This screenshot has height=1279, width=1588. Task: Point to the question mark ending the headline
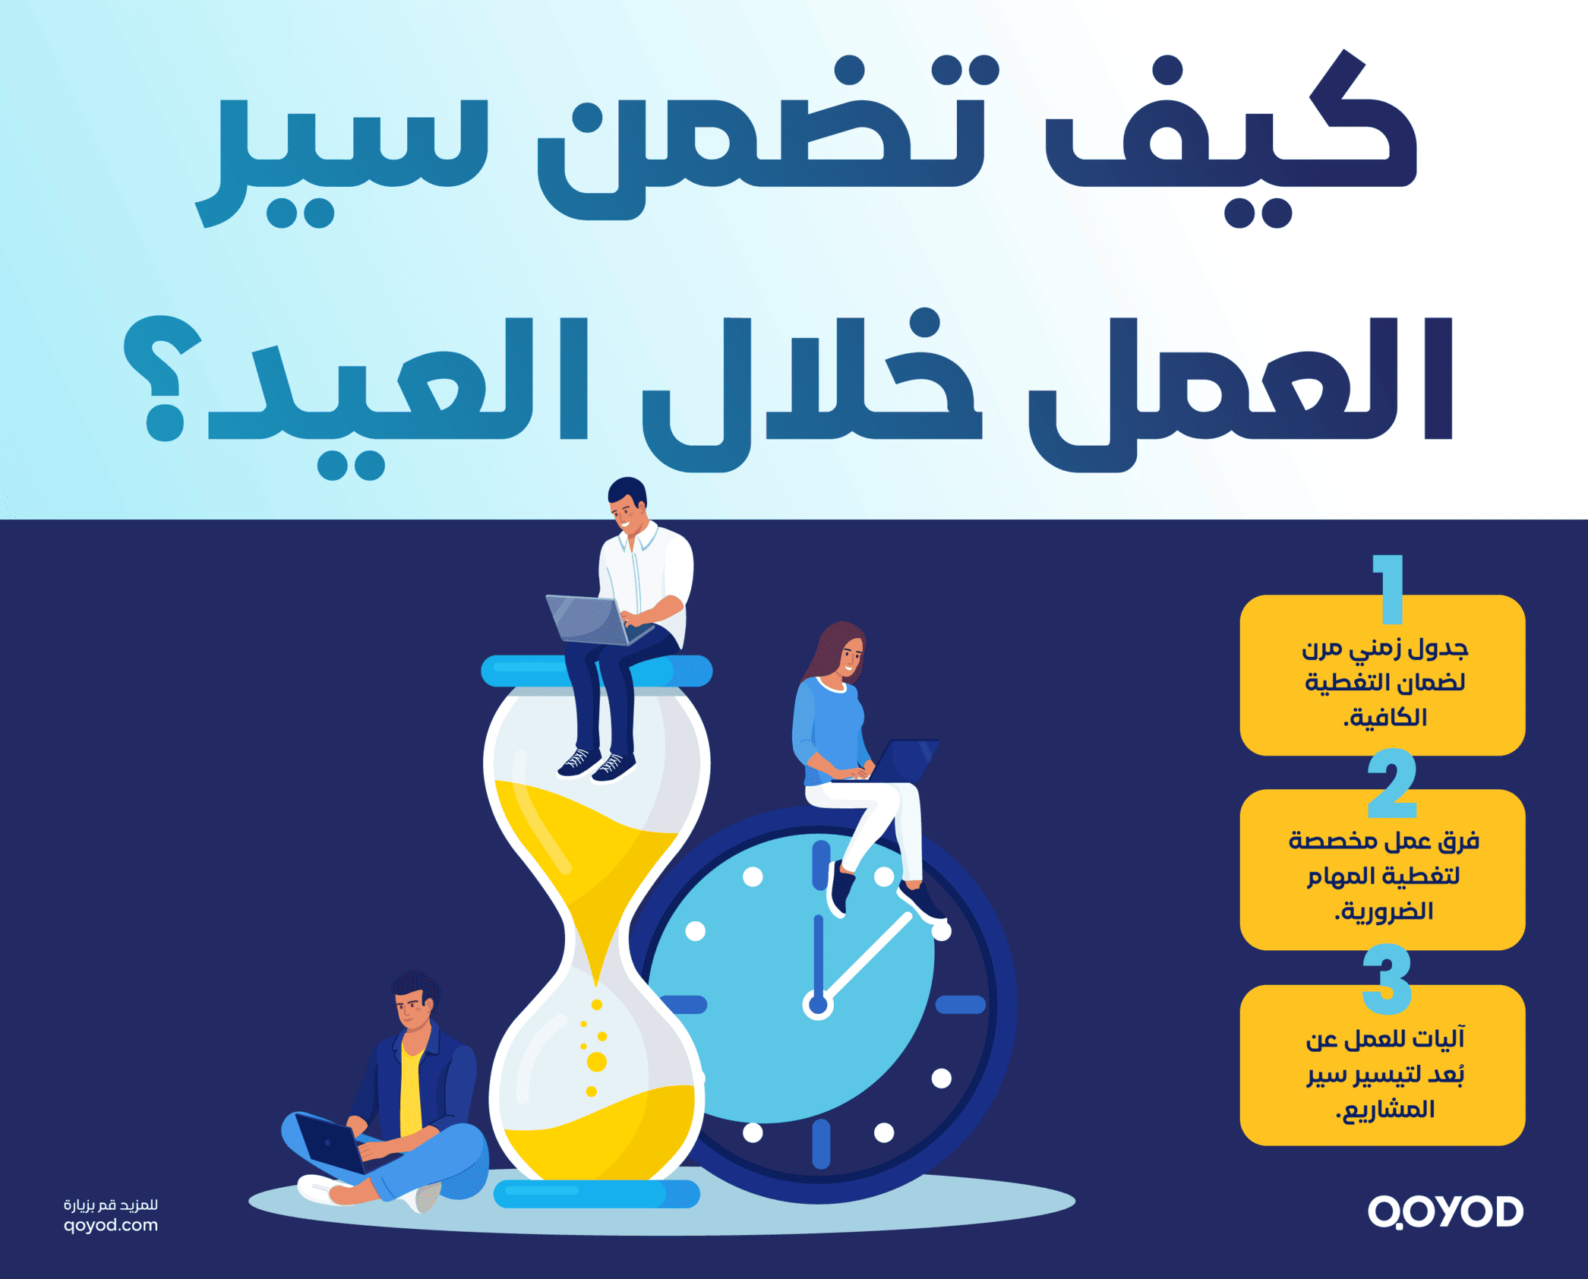(x=163, y=380)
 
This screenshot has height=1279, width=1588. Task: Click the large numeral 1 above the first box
(x=1389, y=588)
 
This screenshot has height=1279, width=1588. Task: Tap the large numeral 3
(x=1387, y=979)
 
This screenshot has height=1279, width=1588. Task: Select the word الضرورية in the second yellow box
(x=1384, y=911)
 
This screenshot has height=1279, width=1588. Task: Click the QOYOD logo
(x=1445, y=1211)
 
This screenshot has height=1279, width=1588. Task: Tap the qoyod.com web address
(x=111, y=1225)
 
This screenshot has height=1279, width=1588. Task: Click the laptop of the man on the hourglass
(x=589, y=619)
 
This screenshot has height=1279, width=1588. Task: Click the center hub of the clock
(x=818, y=1005)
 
